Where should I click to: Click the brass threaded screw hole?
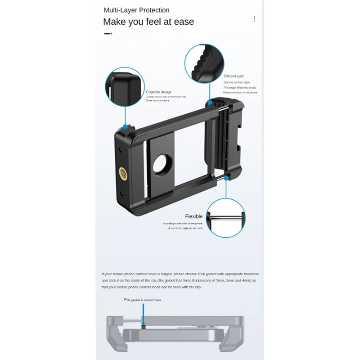(122, 171)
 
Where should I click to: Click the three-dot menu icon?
(254, 19)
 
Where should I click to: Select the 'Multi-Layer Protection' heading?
(136, 10)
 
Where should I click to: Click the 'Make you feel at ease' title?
(148, 22)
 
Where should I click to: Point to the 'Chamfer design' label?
(158, 92)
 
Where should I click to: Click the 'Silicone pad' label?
(234, 76)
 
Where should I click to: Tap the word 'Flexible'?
(194, 216)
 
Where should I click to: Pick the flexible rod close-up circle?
(226, 217)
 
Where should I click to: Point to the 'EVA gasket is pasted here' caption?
(142, 299)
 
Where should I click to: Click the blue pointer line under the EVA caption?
(144, 313)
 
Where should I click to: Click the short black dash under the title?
(108, 33)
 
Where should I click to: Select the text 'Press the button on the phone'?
(240, 92)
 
